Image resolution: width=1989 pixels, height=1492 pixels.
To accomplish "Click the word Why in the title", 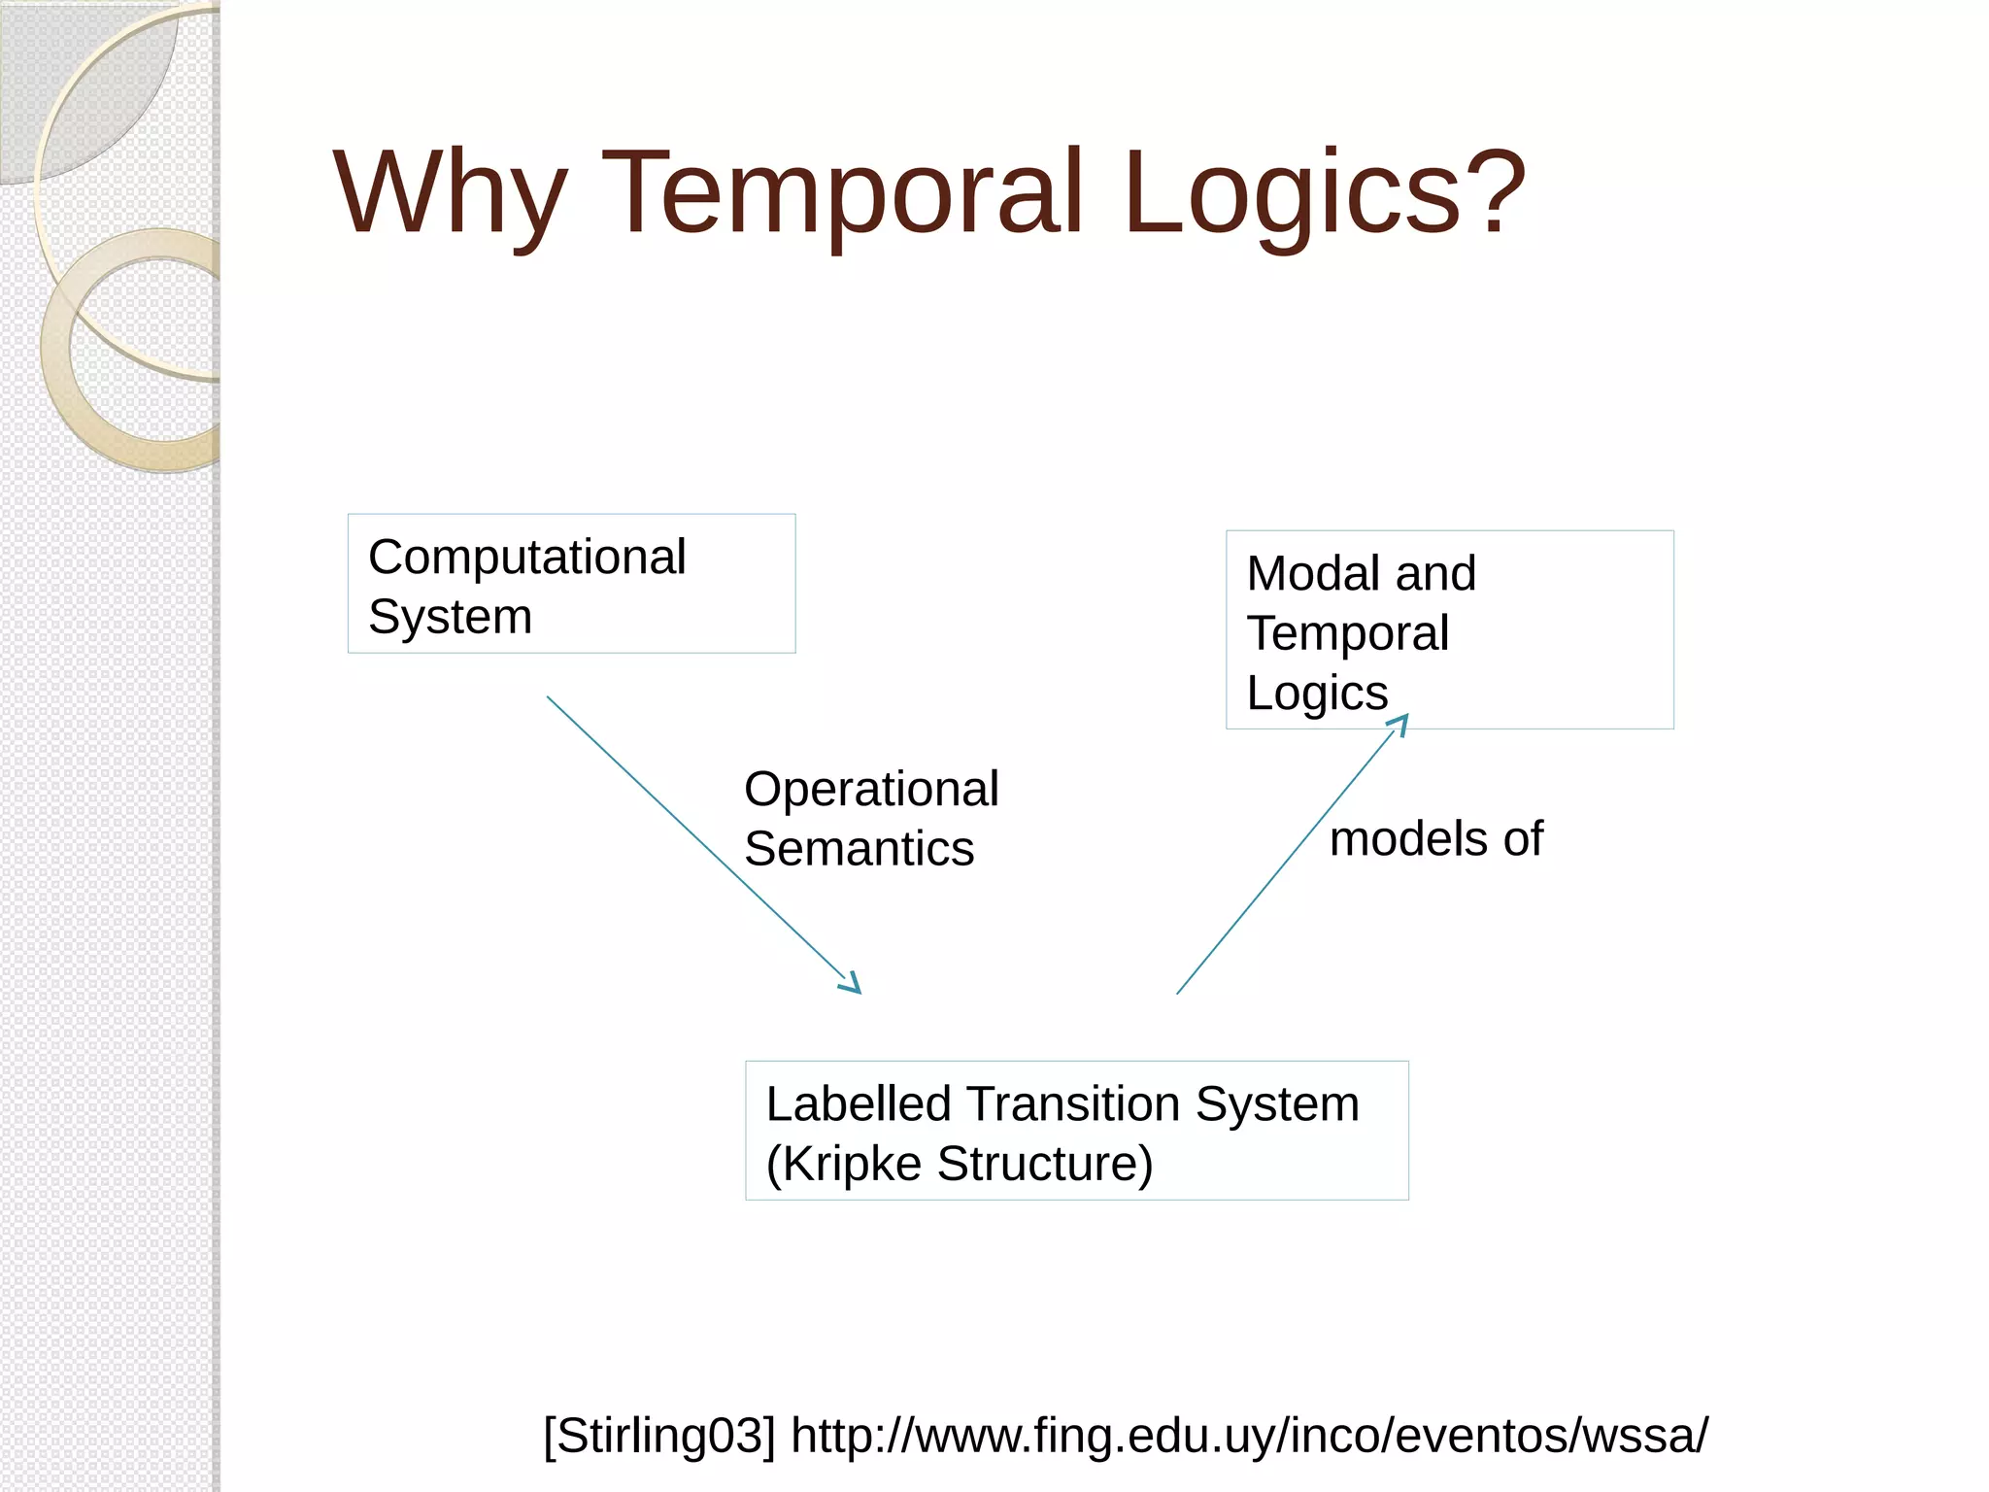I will pos(450,194).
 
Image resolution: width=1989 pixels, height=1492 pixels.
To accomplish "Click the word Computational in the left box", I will pos(527,558).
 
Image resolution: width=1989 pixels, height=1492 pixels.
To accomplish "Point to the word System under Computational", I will pos(451,617).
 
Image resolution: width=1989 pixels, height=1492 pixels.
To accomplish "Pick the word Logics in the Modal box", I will pos(1317,694).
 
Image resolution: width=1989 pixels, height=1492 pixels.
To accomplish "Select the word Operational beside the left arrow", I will pos(871,789).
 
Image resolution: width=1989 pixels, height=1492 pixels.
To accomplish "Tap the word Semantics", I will pos(859,849).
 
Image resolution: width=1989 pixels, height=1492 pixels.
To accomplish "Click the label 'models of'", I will pos(1435,838).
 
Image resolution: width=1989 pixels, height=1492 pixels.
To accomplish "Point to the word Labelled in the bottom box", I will pos(859,1104).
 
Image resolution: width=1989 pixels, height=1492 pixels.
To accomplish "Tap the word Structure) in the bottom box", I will pos(1045,1164).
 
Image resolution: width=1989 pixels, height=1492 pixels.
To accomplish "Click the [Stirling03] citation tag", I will pos(659,1436).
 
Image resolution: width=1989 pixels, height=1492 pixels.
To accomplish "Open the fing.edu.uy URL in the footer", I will pos(1249,1436).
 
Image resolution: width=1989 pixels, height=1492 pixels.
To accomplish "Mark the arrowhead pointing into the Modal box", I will pos(1399,723).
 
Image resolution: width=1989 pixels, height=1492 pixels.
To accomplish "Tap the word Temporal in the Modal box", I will pos(1348,633).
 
